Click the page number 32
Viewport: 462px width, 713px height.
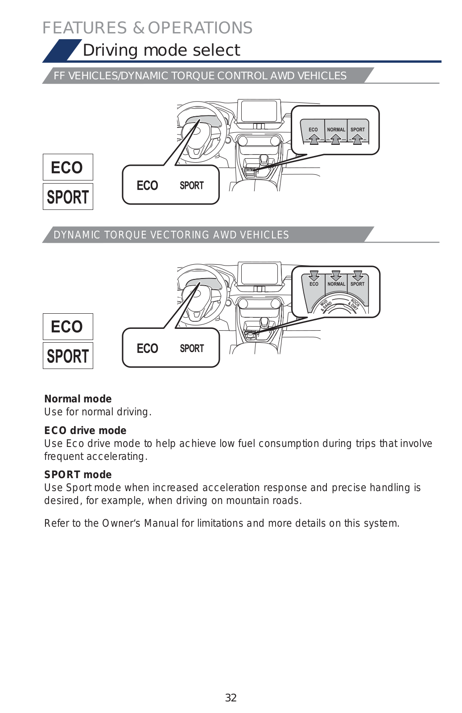pos(231,697)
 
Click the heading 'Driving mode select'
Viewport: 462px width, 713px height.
pos(161,50)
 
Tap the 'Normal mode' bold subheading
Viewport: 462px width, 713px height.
pos(78,399)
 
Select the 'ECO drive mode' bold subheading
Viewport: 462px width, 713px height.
pos(85,430)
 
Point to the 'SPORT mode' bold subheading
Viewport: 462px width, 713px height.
pos(78,475)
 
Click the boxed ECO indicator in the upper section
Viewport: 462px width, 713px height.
pos(67,168)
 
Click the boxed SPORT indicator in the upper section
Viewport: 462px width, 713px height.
pos(68,197)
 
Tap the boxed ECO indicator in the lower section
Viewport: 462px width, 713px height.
pos(67,327)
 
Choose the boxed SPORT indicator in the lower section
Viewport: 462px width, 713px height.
pos(68,356)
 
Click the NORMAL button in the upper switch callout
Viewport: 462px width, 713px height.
pos(336,130)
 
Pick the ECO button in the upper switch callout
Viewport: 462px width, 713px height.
pos(313,130)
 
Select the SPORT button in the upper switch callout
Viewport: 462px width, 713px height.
pos(358,130)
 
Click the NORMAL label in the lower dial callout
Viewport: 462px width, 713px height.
pos(336,284)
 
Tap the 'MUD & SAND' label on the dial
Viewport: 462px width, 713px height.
pos(326,305)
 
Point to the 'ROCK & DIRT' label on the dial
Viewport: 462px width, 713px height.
pos(354,304)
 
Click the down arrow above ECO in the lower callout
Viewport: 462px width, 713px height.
pos(314,275)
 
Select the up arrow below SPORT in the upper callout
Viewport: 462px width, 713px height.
pos(357,139)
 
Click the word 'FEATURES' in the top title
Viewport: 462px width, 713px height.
pos(85,28)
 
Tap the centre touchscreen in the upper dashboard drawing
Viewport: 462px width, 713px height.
pos(259,111)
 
